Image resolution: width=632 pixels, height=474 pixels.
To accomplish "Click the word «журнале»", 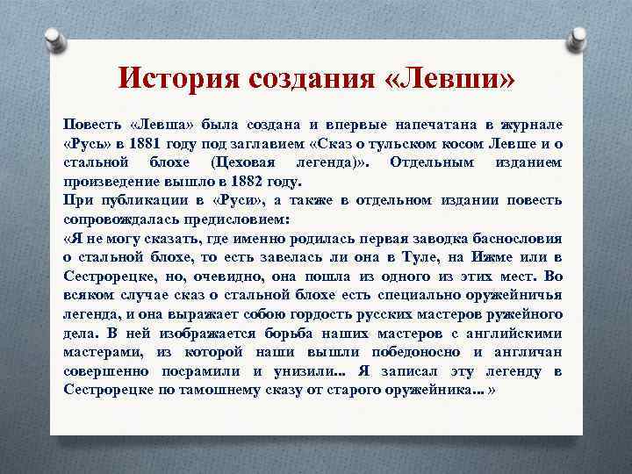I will (532, 123).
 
